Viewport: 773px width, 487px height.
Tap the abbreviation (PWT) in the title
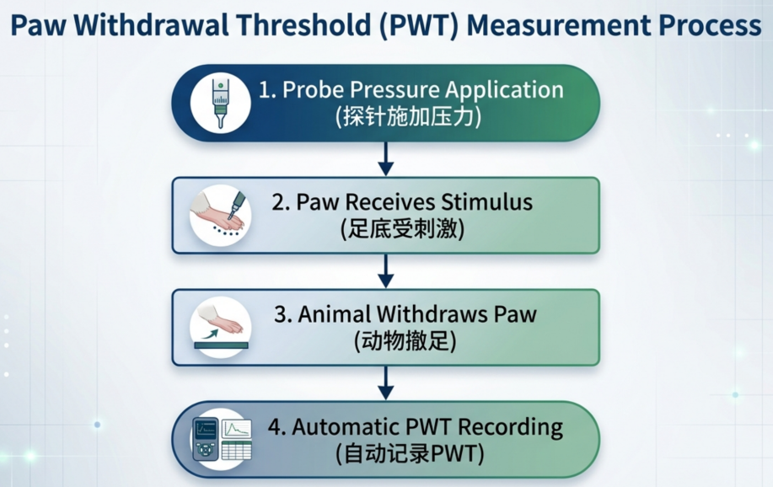[x=419, y=26]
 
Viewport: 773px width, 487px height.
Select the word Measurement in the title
[x=559, y=25]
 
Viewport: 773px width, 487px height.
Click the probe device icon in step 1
[x=220, y=104]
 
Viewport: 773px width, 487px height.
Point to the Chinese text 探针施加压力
[x=408, y=117]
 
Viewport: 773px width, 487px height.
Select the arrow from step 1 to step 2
[x=385, y=158]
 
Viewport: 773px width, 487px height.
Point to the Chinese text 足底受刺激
[x=403, y=229]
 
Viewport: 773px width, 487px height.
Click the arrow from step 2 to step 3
[x=385, y=271]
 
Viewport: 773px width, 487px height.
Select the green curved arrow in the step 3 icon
[x=210, y=334]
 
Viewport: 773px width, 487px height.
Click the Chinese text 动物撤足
[x=405, y=341]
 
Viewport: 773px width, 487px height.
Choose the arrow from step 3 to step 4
[x=385, y=383]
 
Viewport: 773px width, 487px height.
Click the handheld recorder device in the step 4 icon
[x=205, y=439]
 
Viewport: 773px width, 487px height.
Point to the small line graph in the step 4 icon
[x=237, y=428]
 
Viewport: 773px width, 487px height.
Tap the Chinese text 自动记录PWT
[x=410, y=454]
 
